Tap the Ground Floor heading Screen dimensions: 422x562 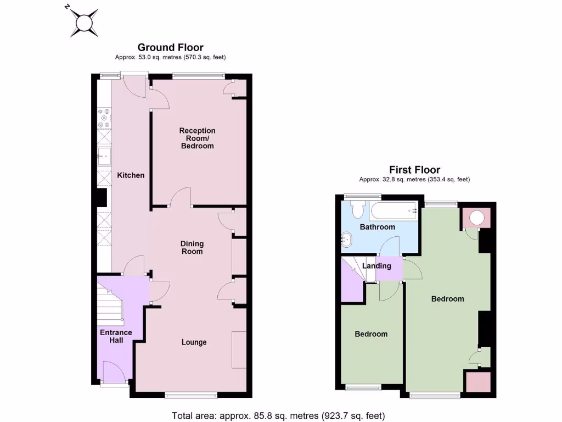(170, 48)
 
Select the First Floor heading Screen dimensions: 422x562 (414, 170)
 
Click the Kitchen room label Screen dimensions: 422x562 (131, 175)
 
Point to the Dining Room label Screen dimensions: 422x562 (192, 247)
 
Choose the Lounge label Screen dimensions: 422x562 (194, 342)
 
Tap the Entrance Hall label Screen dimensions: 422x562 (116, 336)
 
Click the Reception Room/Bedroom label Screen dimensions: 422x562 (197, 138)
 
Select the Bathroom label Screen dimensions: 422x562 (377, 227)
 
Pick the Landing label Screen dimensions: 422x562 (377, 266)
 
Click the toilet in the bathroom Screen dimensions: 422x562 (358, 209)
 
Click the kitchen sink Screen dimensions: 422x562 (104, 157)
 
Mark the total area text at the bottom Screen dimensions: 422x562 (278, 415)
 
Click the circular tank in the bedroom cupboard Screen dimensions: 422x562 (476, 218)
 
